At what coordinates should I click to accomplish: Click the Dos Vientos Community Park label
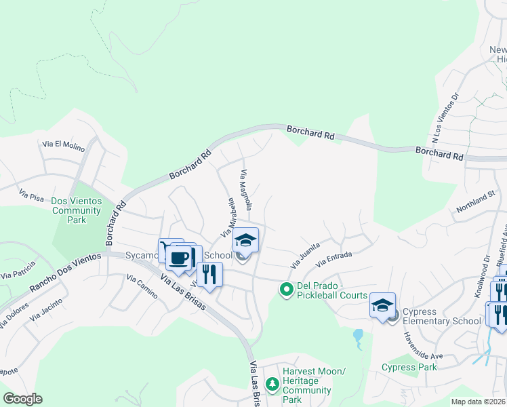point(77,210)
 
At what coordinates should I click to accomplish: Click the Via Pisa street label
point(31,195)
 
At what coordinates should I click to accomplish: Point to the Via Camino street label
point(142,288)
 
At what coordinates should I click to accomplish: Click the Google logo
point(23,399)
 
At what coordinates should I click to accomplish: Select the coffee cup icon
point(180,258)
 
